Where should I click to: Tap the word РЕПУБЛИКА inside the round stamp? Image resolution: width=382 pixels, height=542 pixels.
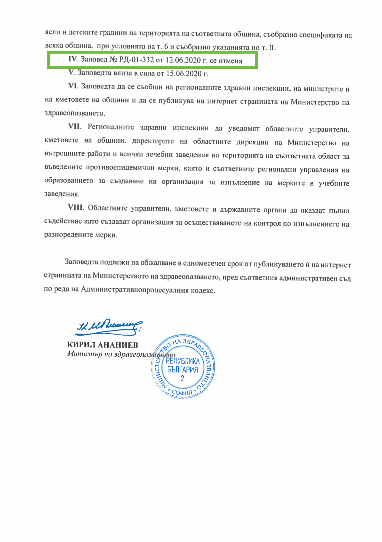183,361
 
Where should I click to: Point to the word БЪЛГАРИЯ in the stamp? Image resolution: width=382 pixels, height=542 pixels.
183,370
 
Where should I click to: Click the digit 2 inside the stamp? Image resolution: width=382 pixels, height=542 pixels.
182,379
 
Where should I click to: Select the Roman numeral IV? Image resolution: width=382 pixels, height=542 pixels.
73,59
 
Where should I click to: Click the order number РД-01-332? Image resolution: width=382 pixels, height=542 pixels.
136,60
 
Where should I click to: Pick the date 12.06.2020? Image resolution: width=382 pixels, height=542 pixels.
183,60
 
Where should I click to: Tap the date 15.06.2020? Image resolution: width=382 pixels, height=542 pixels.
184,74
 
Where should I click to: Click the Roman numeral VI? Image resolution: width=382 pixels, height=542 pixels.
73,86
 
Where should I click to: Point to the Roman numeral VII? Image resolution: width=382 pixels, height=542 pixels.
74,126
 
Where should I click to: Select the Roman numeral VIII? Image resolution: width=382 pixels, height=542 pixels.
76,207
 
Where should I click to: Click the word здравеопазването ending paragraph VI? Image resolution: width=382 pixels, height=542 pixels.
74,113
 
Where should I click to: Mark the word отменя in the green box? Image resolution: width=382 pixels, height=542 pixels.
230,61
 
